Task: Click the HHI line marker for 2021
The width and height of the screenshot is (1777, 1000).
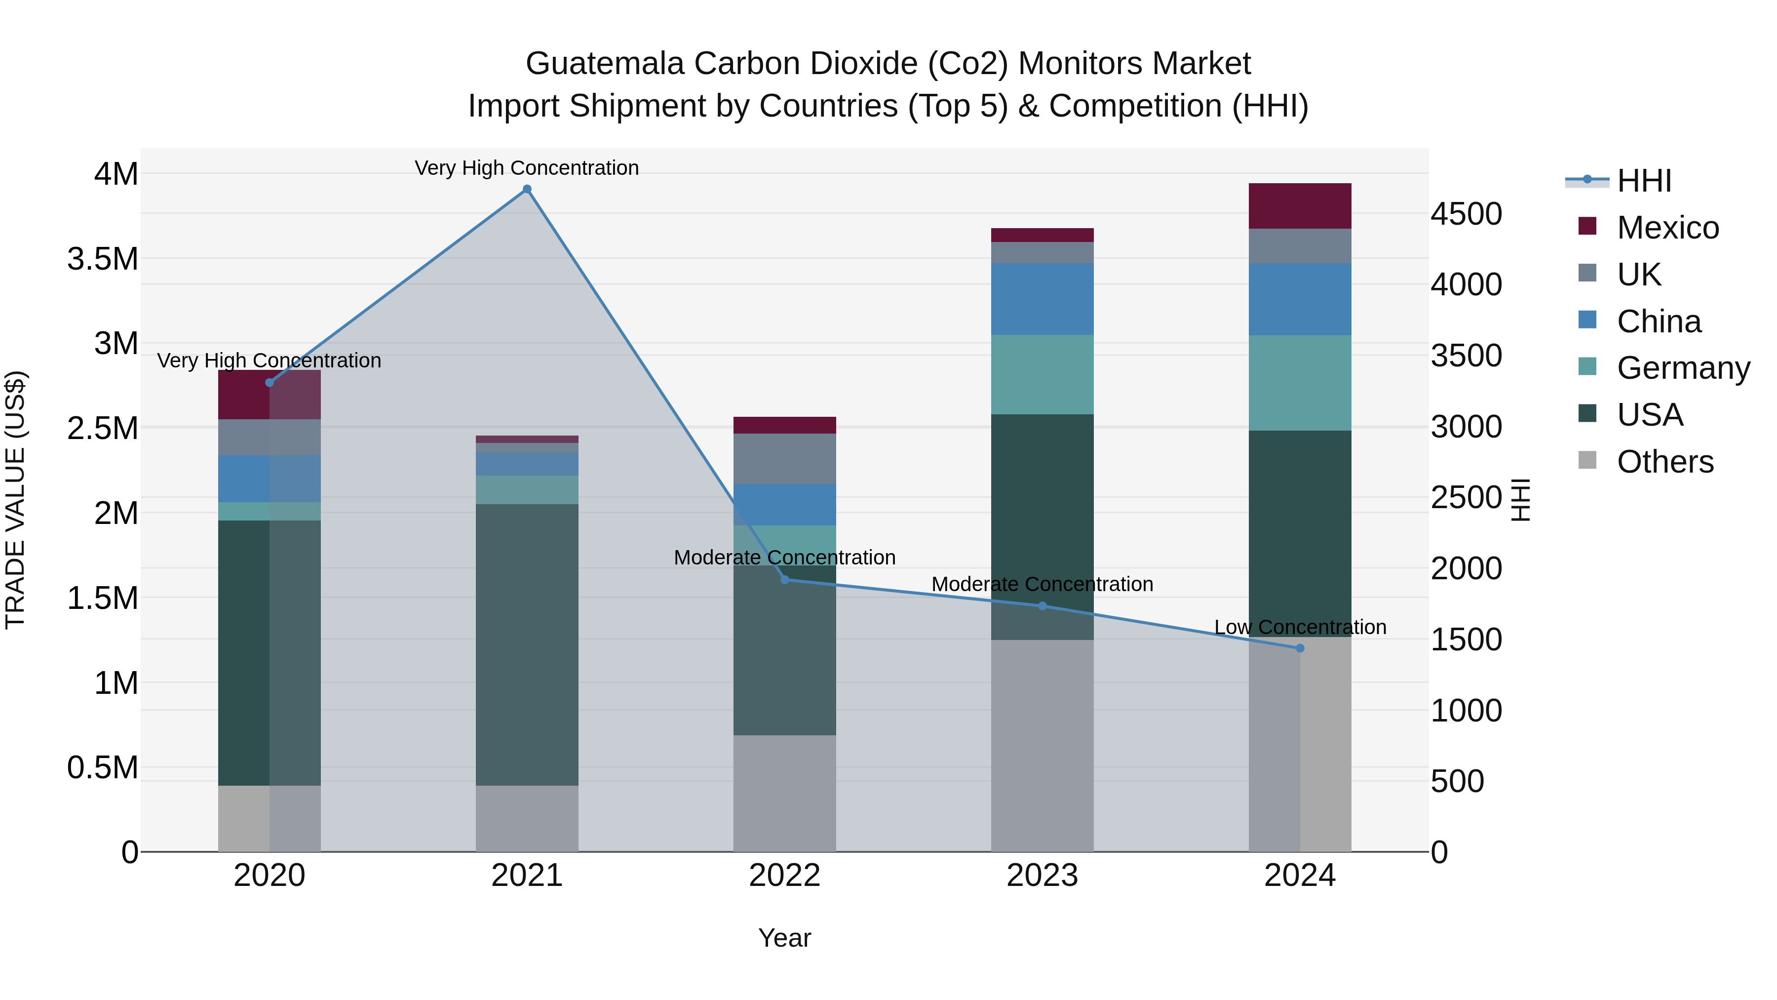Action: click(x=527, y=189)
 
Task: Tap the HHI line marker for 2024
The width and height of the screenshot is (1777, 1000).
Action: click(x=1300, y=648)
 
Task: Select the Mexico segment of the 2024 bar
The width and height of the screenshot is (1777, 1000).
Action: click(x=1300, y=205)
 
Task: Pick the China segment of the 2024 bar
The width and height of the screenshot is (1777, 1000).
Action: click(x=1300, y=299)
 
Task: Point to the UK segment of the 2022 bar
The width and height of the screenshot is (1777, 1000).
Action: click(x=784, y=458)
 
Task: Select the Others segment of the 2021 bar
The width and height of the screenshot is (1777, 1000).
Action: click(x=527, y=818)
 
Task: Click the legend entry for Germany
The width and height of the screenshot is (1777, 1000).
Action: click(x=1683, y=368)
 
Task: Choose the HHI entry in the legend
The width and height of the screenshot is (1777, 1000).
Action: click(x=1644, y=181)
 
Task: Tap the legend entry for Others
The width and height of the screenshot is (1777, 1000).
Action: click(x=1664, y=462)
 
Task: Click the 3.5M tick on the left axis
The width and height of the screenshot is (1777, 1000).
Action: click(x=103, y=259)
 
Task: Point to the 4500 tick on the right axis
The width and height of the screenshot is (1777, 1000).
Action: click(x=1466, y=214)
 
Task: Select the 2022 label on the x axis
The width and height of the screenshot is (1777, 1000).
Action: click(x=784, y=876)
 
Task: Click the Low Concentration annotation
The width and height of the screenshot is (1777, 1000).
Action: click(x=1300, y=627)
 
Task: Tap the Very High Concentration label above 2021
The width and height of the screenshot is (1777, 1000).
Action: click(x=527, y=168)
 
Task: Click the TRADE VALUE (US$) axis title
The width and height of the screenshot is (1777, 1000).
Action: click(x=15, y=500)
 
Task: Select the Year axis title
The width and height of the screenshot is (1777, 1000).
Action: click(x=784, y=938)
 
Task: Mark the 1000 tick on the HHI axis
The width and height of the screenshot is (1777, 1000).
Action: click(x=1466, y=710)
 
